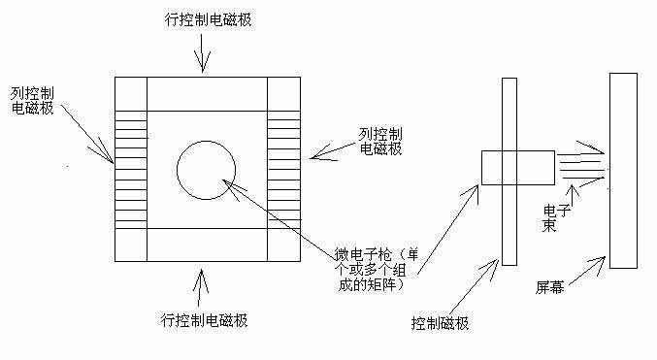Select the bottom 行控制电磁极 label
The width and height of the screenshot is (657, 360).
205,319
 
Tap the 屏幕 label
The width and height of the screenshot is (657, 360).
550,288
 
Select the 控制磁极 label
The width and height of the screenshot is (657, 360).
440,322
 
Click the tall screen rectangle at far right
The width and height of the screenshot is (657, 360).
622,169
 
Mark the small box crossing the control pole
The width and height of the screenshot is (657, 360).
517,167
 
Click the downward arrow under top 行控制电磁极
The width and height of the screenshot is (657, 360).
202,53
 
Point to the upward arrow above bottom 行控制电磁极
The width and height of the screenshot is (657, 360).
202,285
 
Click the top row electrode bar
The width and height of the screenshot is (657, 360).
207,93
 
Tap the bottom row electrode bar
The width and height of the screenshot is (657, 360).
207,245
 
